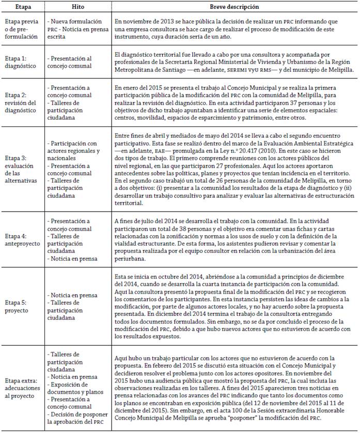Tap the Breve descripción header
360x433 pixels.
coord(233,8)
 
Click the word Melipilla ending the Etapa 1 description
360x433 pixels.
coord(338,69)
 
